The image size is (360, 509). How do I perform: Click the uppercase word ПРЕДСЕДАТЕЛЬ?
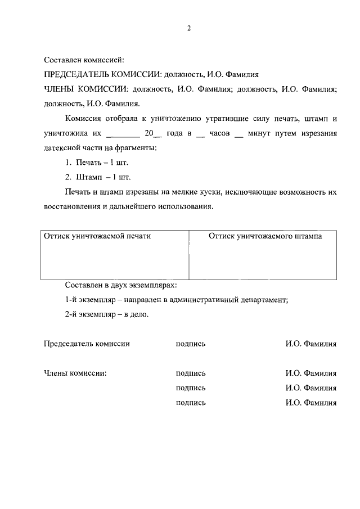coord(75,74)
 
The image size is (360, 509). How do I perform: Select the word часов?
coord(218,134)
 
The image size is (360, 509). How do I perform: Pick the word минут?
coord(263,134)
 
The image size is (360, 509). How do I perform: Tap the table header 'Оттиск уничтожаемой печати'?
coord(98,237)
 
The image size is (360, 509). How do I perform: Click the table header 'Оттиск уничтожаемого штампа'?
coord(265,237)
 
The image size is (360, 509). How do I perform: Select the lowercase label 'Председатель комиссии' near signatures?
coord(87,344)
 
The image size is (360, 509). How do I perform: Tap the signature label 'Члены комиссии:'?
coord(75,373)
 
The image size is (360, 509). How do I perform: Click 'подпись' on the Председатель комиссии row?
coord(191,344)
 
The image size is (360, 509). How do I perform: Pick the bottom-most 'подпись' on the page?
coord(191,402)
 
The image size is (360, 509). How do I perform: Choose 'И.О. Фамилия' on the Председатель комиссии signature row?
coord(310,344)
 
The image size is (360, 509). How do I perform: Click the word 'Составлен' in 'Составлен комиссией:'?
coord(63,59)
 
